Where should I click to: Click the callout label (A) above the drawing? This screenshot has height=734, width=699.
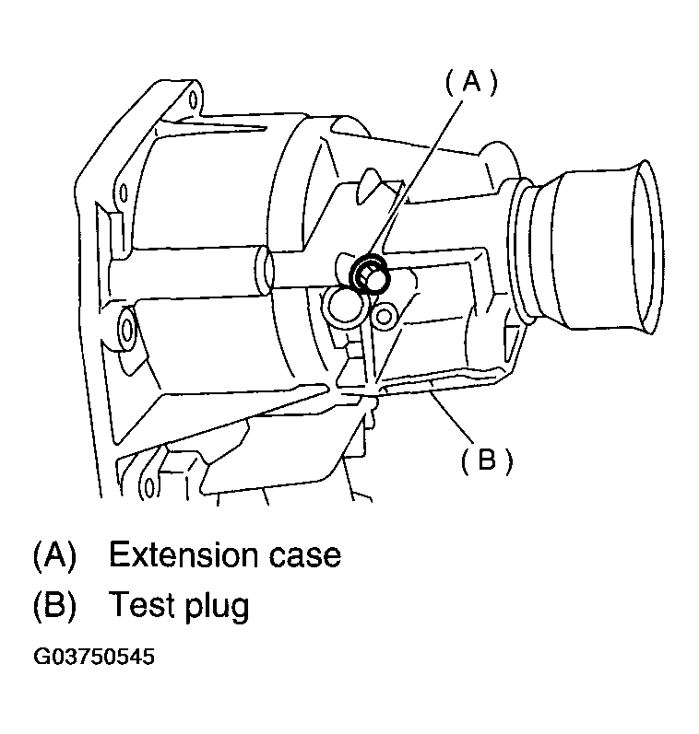[470, 84]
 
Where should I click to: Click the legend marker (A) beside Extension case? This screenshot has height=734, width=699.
[54, 555]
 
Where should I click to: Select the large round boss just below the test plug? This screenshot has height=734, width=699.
[343, 305]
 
